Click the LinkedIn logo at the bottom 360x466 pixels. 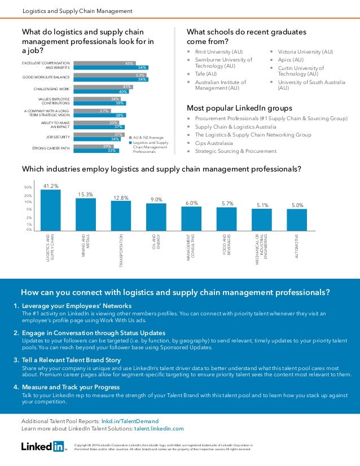point(43,447)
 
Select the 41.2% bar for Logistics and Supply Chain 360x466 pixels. point(51,209)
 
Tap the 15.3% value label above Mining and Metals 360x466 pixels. point(86,194)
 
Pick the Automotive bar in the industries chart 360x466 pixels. point(297,219)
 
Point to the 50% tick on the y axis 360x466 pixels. point(27,187)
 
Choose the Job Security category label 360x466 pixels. point(58,137)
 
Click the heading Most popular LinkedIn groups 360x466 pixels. point(239,108)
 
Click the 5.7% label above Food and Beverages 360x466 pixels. point(227,203)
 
